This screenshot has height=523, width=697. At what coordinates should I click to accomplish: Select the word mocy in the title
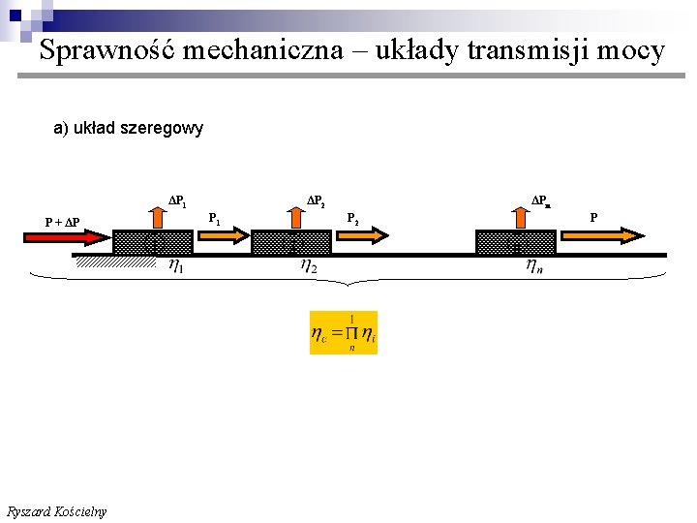tap(631, 50)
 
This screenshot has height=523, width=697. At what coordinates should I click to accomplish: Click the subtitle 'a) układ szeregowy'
tap(128, 128)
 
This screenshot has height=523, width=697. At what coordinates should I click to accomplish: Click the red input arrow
tap(80, 236)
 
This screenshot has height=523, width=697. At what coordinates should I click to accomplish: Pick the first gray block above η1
tap(152, 242)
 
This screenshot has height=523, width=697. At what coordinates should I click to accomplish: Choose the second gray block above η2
tap(291, 242)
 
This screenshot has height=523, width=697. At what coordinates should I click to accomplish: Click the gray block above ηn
tap(515, 242)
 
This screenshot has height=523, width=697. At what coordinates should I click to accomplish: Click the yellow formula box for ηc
tap(344, 332)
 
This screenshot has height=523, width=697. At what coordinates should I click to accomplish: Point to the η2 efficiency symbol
tap(310, 265)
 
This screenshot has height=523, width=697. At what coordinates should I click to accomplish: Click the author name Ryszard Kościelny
tap(56, 511)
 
